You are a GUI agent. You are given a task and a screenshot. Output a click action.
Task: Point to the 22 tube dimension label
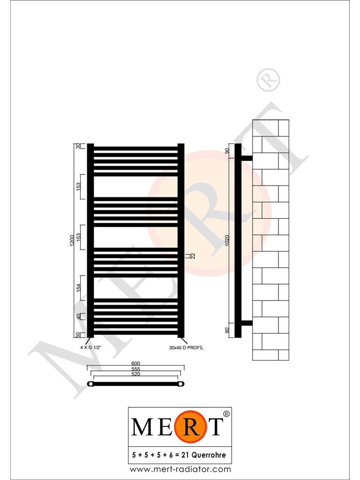(x=192, y=255)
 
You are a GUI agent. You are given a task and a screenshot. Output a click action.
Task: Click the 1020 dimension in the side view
(x=227, y=240)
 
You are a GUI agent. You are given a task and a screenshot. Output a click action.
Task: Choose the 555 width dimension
(x=136, y=369)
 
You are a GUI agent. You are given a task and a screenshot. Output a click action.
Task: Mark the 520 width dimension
(x=136, y=374)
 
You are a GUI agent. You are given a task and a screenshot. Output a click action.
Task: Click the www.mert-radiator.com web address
(x=180, y=469)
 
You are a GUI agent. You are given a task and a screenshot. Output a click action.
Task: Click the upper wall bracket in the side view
(x=247, y=158)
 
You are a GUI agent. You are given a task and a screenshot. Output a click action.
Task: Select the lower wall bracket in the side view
(x=247, y=323)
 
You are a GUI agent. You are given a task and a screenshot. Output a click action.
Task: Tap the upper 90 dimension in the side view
(x=227, y=151)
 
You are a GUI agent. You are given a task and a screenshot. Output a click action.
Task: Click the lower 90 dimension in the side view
(x=227, y=330)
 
